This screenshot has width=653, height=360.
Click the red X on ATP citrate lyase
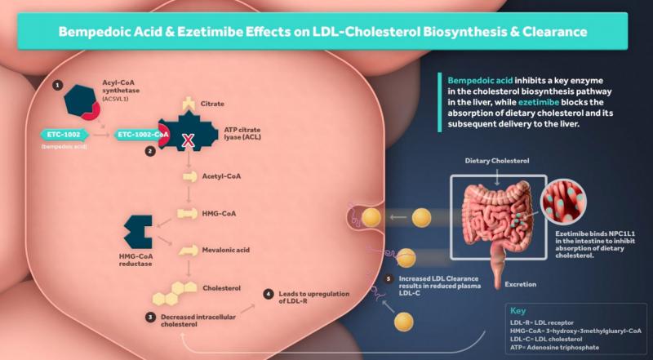[187, 140]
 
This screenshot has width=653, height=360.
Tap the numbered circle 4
[269, 293]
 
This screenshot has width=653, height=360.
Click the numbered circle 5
[388, 278]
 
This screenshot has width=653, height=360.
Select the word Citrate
[211, 104]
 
